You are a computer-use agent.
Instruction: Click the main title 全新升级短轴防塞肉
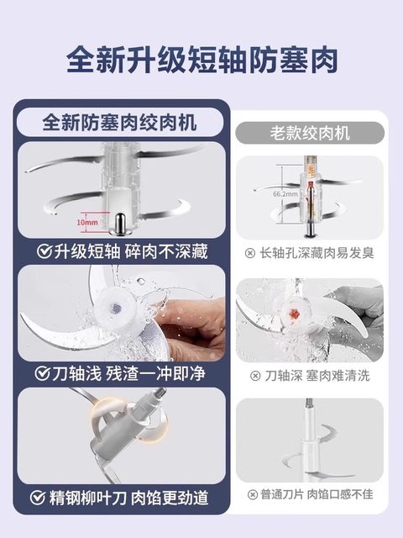click(x=201, y=61)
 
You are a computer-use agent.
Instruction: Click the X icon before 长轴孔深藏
click(x=250, y=252)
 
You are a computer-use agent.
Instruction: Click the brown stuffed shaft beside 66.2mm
click(x=309, y=194)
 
